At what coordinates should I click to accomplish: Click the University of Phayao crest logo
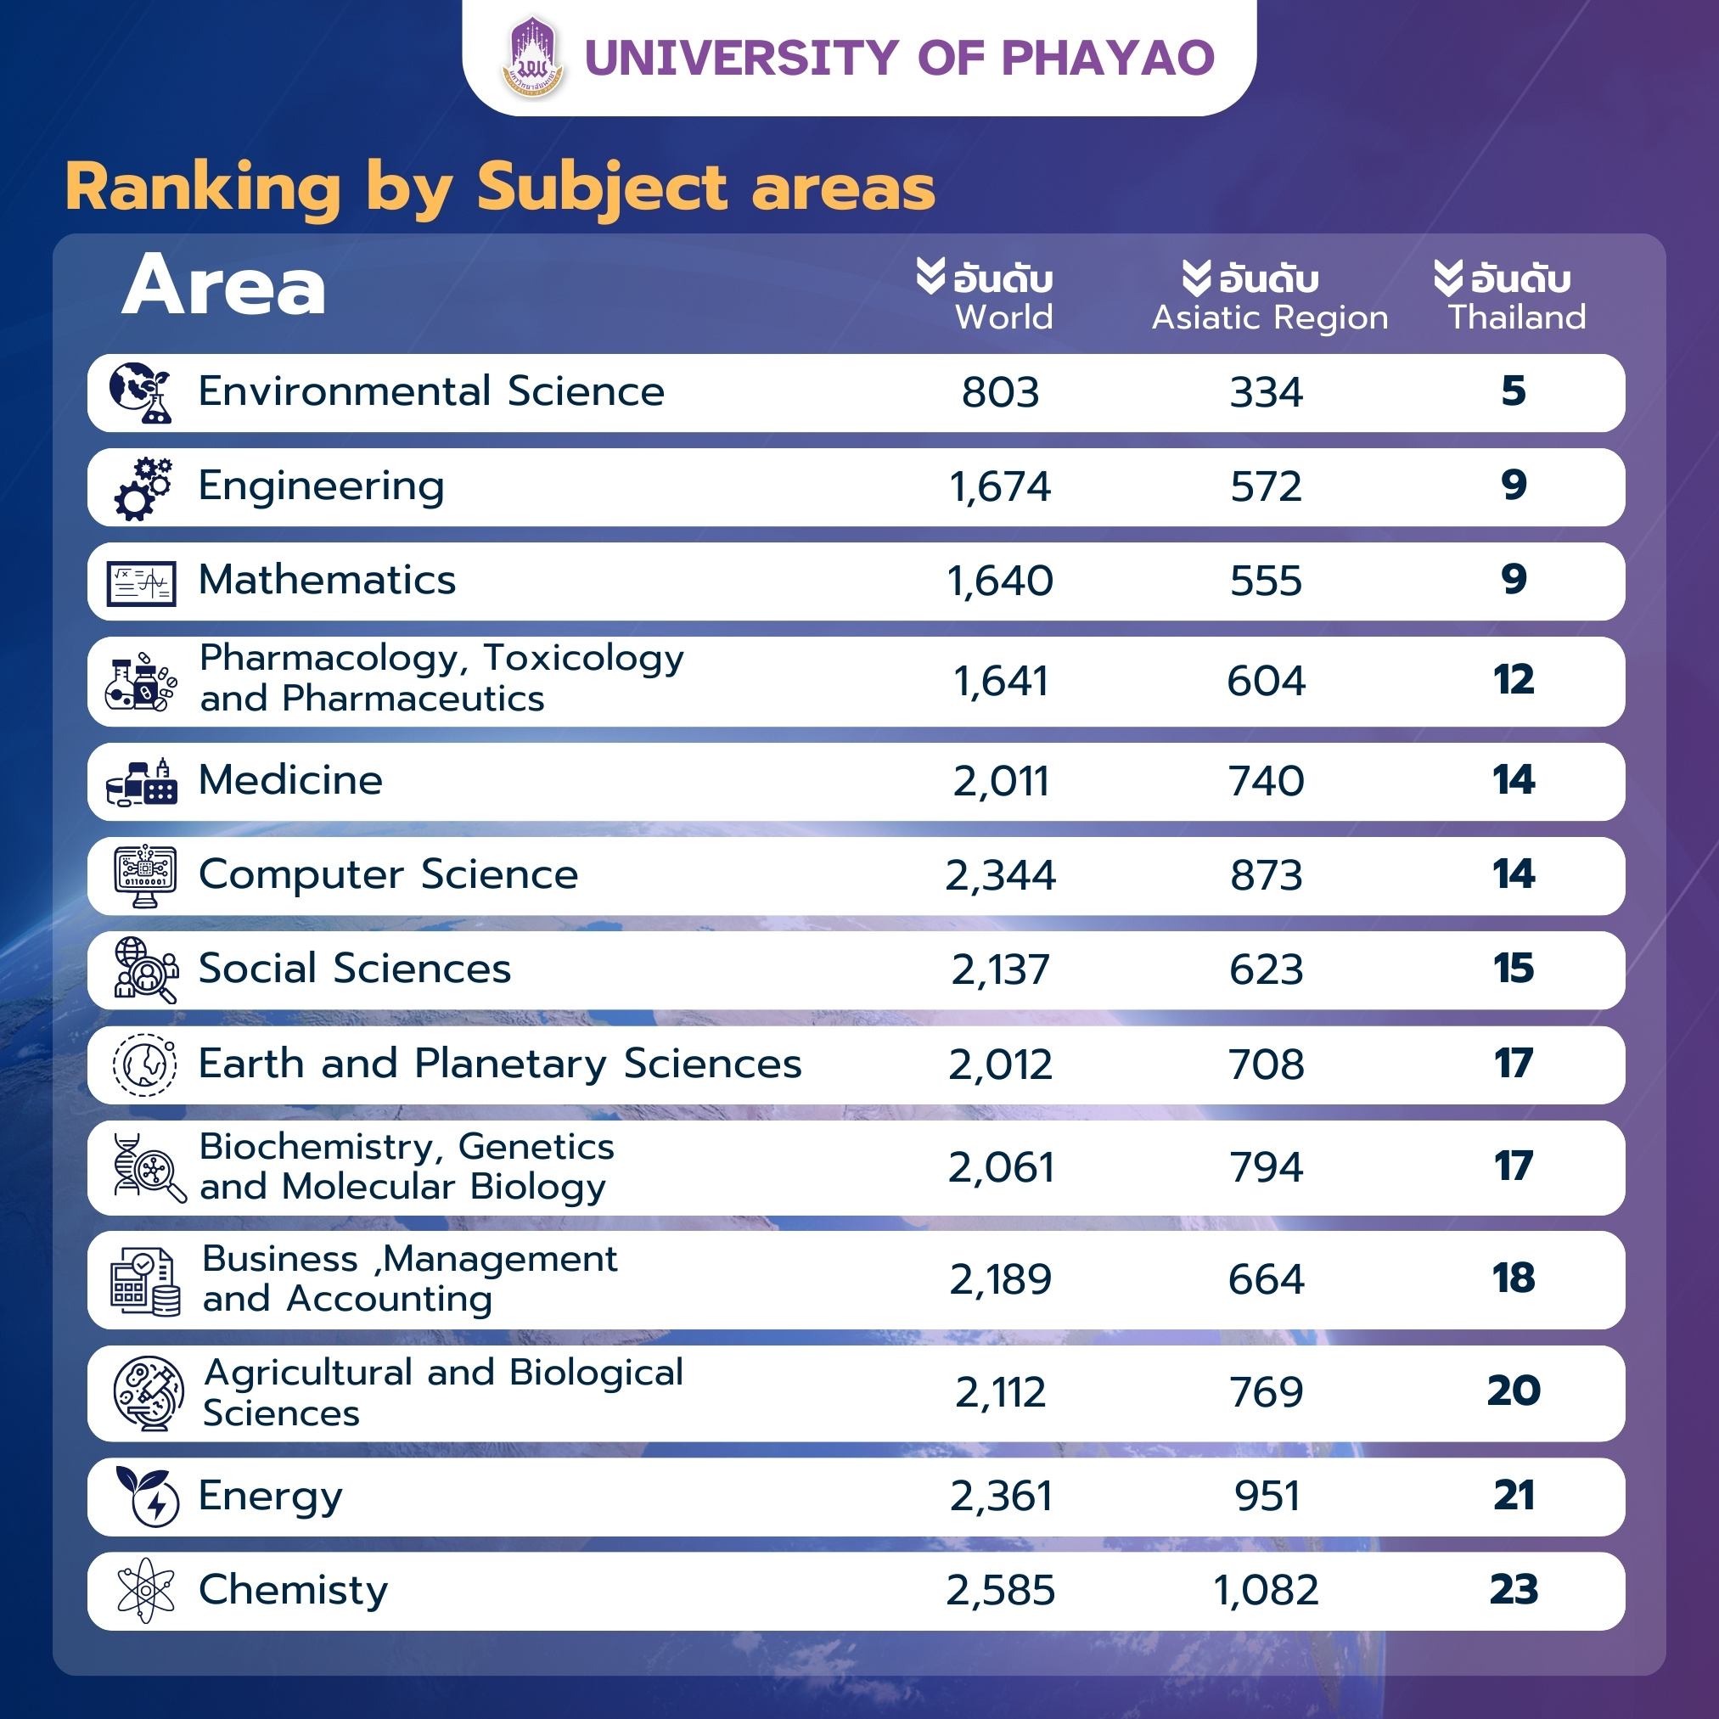(x=532, y=57)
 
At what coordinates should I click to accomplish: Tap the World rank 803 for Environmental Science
(x=1000, y=392)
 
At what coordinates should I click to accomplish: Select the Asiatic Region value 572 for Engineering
(x=1266, y=486)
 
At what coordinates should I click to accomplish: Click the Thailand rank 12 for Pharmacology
(x=1513, y=681)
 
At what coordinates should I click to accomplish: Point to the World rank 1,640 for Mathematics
(x=1000, y=581)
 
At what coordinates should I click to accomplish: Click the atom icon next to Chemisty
(x=145, y=1590)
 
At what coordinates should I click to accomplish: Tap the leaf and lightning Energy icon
(x=147, y=1497)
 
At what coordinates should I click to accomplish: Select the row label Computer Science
(x=388, y=874)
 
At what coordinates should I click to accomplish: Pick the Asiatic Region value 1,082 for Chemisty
(x=1266, y=1590)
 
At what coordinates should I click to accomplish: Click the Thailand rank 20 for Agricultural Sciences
(x=1513, y=1391)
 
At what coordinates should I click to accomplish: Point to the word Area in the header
(x=223, y=287)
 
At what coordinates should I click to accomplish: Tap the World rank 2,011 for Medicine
(x=1000, y=781)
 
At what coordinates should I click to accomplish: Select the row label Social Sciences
(x=354, y=969)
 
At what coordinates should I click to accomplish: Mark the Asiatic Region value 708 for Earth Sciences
(x=1266, y=1065)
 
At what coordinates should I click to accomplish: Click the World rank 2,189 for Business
(x=1000, y=1279)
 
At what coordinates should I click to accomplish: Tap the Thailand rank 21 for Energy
(x=1513, y=1496)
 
